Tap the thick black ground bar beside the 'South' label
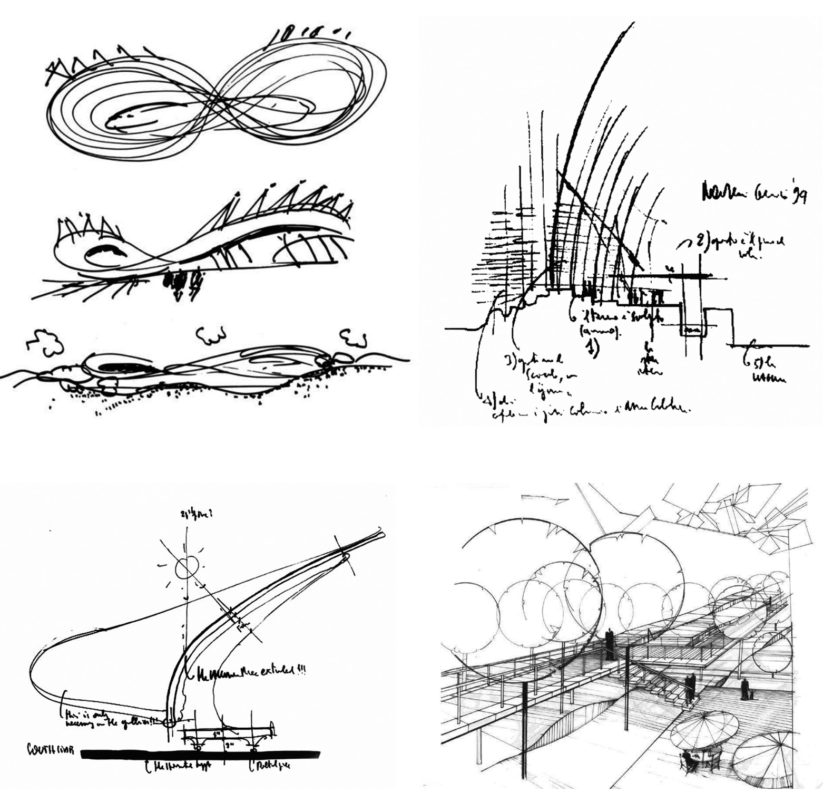200,754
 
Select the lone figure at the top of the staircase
611,644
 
